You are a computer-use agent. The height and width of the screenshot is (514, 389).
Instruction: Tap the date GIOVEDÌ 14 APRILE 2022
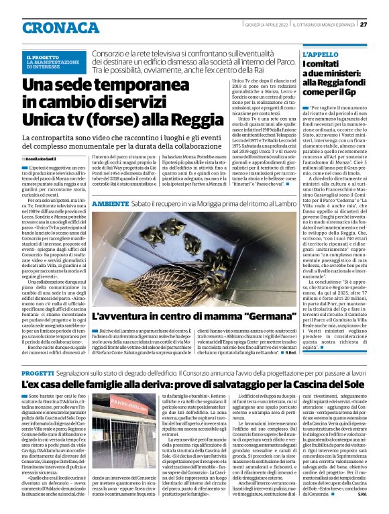266,24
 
